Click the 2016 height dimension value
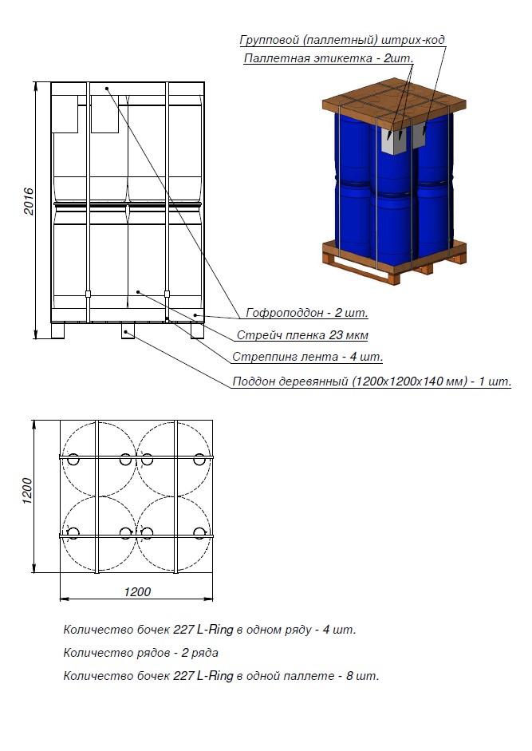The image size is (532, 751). [x=30, y=201]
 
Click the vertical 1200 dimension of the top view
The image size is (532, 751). [x=27, y=491]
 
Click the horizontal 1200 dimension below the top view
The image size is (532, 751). [x=137, y=591]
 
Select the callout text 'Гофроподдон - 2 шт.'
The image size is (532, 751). [x=307, y=313]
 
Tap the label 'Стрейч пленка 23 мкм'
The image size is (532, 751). [x=302, y=334]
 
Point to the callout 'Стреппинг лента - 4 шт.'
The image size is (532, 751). [x=307, y=357]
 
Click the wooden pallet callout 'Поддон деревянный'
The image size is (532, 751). [x=372, y=381]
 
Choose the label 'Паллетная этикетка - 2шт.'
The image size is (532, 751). [x=329, y=58]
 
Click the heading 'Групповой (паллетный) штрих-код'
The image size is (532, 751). [x=342, y=40]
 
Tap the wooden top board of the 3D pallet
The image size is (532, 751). [x=393, y=97]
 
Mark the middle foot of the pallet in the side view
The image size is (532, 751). [x=128, y=331]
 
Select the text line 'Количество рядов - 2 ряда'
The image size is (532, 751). [x=141, y=652]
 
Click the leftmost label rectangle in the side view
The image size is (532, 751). [x=65, y=114]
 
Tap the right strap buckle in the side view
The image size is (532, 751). [x=167, y=294]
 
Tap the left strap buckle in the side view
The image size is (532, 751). [x=88, y=294]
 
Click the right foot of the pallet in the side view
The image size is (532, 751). [x=197, y=331]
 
